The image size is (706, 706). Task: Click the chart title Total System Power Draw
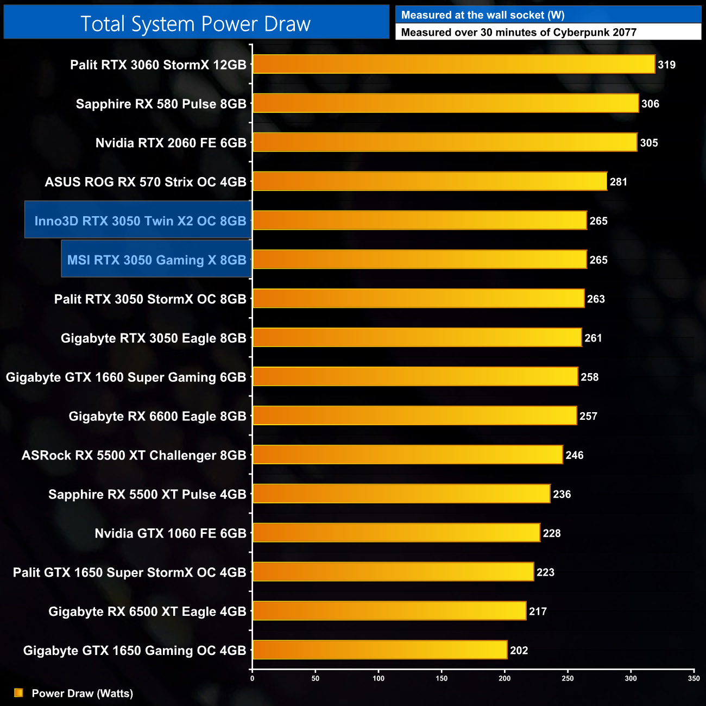tap(196, 24)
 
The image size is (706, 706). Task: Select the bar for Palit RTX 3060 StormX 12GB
tap(453, 64)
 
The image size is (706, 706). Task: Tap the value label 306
tap(650, 104)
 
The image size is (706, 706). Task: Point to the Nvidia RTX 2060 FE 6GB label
tap(171, 143)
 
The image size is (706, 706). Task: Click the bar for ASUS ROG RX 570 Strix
tap(430, 181)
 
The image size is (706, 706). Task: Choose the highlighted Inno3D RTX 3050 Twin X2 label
tap(140, 220)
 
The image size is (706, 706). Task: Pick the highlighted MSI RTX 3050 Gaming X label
tap(156, 260)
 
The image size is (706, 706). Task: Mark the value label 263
tap(596, 299)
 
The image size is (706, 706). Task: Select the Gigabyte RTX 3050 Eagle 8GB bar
tap(417, 338)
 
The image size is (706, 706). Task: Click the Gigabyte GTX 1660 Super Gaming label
tap(126, 377)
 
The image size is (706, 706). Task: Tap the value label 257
tap(588, 416)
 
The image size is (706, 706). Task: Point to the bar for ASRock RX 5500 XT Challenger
tap(407, 455)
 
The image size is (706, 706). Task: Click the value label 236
tap(562, 494)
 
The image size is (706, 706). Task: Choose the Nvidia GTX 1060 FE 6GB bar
tap(396, 533)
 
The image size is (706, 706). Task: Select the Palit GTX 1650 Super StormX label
tap(129, 572)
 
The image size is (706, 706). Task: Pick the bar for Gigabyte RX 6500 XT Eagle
tap(389, 611)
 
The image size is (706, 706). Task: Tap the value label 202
tap(519, 650)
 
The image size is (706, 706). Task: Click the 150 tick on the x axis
tap(442, 678)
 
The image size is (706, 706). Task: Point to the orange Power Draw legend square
tap(18, 692)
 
